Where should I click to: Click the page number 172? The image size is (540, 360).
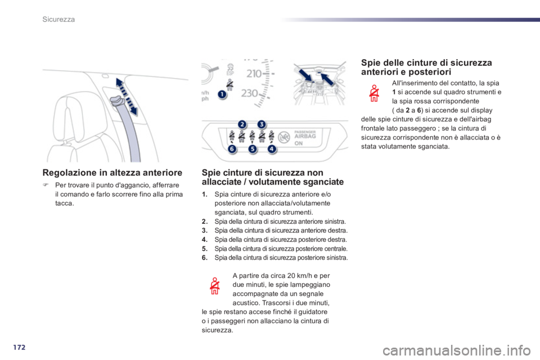click(19, 347)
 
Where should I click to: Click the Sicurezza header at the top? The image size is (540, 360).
click(58, 19)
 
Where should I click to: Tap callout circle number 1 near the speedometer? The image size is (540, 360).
click(222, 94)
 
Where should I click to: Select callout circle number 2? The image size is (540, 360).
click(242, 124)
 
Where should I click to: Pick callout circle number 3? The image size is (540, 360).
click(262, 124)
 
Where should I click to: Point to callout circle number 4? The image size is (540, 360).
click(272, 149)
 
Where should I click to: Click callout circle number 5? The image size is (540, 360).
click(253, 149)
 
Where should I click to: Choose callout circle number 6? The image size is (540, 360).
click(232, 149)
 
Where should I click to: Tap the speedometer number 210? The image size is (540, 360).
click(254, 73)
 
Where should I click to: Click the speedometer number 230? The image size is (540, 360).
click(250, 93)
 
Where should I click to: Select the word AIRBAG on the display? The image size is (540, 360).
click(305, 136)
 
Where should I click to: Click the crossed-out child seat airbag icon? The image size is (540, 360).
click(284, 137)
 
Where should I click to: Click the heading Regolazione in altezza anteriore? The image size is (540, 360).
click(112, 173)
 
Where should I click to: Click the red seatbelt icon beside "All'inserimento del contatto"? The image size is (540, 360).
click(374, 93)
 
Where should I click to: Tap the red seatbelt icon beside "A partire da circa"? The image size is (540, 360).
click(214, 286)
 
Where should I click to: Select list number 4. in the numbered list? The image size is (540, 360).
click(205, 240)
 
